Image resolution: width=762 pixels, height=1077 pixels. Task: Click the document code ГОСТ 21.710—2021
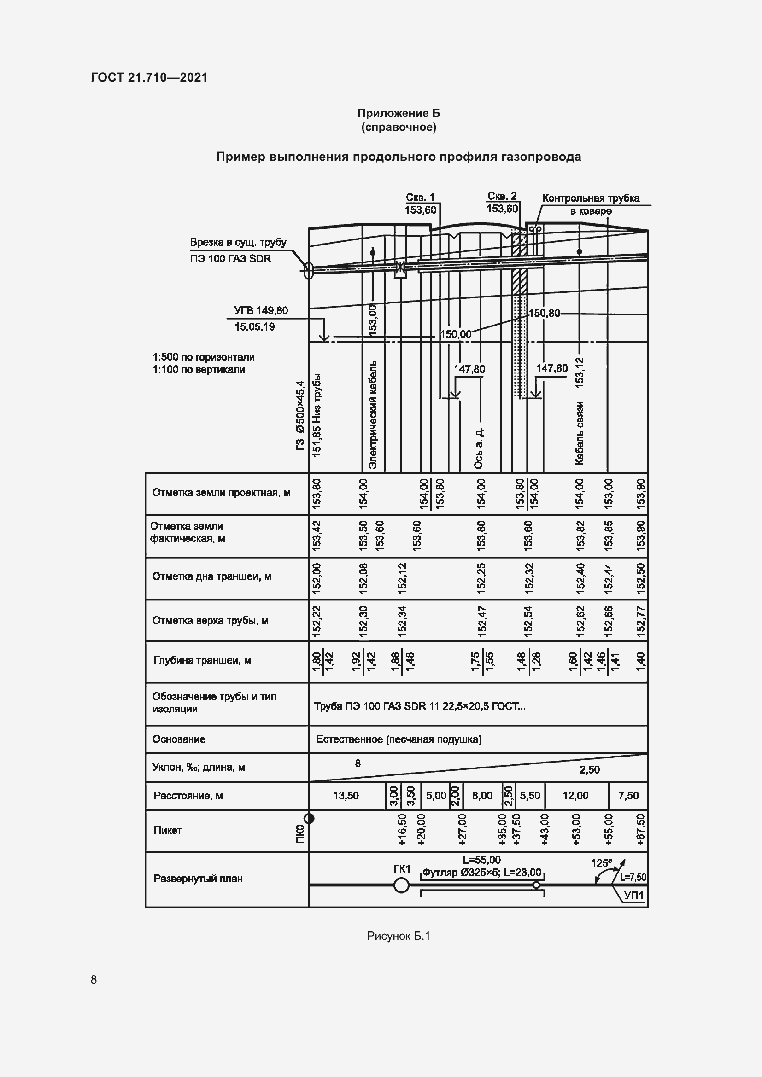[149, 77]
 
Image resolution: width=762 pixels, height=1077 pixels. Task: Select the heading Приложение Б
[399, 113]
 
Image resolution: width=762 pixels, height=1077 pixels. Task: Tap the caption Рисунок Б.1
[399, 936]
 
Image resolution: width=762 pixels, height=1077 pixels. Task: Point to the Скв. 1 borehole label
[420, 198]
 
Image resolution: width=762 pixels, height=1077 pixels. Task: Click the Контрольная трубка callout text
[590, 198]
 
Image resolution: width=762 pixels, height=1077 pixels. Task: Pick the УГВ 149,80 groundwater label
[261, 310]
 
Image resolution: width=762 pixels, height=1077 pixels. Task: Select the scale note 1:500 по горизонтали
[203, 356]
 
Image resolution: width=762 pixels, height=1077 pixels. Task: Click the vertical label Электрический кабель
[373, 415]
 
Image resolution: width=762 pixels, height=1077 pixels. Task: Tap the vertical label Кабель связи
[580, 432]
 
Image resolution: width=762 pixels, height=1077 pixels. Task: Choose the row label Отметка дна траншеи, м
[211, 576]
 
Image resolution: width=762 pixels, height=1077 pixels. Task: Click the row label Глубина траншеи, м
[202, 660]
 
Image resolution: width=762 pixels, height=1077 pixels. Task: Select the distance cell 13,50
[346, 796]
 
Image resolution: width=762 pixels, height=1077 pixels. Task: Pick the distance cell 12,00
[575, 796]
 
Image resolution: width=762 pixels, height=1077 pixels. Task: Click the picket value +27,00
[463, 830]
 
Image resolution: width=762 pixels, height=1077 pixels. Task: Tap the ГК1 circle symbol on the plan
[401, 885]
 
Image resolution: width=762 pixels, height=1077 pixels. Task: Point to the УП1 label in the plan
[634, 896]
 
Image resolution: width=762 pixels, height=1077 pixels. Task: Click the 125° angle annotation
[602, 863]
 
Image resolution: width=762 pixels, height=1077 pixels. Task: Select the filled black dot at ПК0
[309, 819]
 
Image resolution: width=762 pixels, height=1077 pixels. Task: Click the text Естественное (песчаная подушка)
[399, 739]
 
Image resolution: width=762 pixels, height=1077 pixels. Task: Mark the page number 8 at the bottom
[94, 979]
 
